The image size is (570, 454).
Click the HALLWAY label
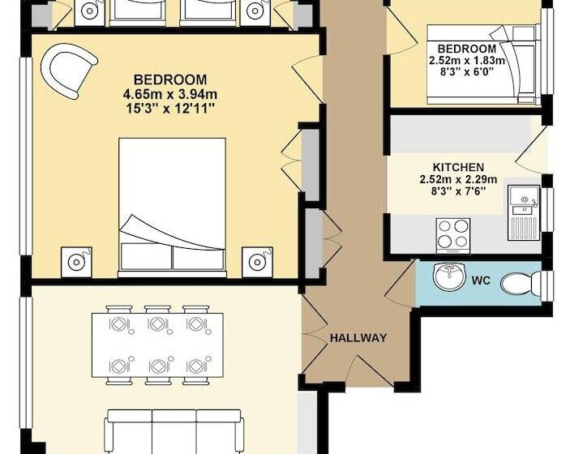click(358, 338)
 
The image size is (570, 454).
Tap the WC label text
click(481, 281)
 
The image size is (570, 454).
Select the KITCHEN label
click(458, 167)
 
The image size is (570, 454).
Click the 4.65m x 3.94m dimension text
click(170, 94)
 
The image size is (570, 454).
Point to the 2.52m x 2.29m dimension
click(458, 179)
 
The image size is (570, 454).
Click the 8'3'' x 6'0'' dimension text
click(467, 72)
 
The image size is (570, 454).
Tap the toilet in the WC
click(521, 283)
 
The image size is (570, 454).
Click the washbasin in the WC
click(449, 276)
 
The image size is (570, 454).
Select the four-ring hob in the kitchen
click(452, 236)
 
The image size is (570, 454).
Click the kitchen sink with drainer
click(524, 212)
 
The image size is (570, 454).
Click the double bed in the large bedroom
click(173, 208)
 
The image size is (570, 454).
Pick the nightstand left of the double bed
click(76, 262)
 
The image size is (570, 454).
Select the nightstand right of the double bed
click(257, 262)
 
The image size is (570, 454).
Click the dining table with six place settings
click(157, 345)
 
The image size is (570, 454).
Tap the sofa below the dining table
click(174, 432)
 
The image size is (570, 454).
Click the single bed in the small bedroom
click(482, 65)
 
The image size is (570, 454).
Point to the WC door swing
click(400, 281)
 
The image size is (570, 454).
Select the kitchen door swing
click(531, 149)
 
